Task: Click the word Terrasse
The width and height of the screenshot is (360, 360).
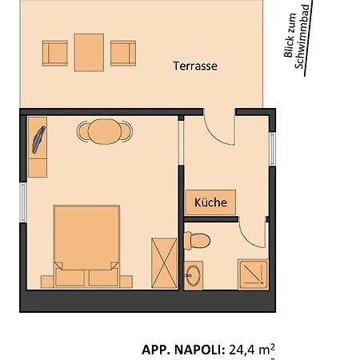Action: pyautogui.click(x=195, y=66)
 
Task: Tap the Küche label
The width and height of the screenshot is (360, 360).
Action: pyautogui.click(x=211, y=202)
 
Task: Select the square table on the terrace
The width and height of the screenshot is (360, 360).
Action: pyautogui.click(x=89, y=52)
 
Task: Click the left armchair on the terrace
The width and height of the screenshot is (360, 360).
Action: pyautogui.click(x=55, y=54)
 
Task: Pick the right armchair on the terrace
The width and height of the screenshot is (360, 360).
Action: pyautogui.click(x=122, y=54)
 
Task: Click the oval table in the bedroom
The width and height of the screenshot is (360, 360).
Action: pyautogui.click(x=102, y=130)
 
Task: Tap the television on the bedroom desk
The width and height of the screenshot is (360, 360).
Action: pyautogui.click(x=38, y=137)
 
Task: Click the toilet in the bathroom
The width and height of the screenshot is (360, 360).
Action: pyautogui.click(x=197, y=239)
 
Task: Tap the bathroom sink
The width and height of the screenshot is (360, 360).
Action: pyautogui.click(x=193, y=276)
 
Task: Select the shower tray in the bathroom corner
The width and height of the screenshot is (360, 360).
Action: pyautogui.click(x=254, y=274)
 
